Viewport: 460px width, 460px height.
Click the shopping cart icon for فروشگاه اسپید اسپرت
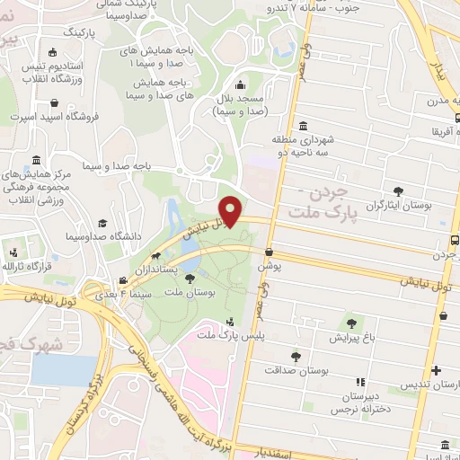16,117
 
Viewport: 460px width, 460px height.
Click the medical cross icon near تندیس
436,370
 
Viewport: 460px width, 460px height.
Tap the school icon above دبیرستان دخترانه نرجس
360,382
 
